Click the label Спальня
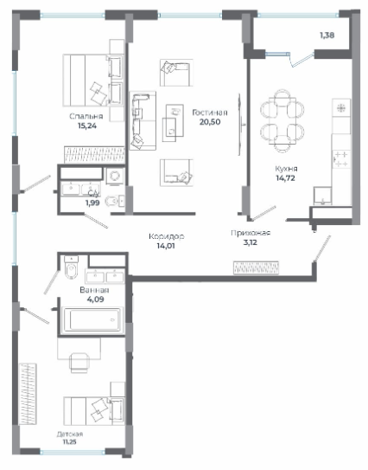coord(86,116)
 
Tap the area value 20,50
coord(210,122)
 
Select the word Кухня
coord(286,169)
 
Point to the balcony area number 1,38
coord(327,35)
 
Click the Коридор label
coord(167,236)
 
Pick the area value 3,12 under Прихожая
coord(251,242)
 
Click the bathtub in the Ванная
coord(92,320)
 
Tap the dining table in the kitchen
coord(282,120)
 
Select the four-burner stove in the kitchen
coord(341,160)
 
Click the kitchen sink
coord(322,196)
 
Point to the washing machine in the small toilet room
coord(115,176)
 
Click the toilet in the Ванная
coord(71,267)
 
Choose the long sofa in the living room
coord(143,120)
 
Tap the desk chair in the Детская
coord(79,363)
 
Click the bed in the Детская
coord(94,410)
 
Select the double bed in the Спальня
coord(93,80)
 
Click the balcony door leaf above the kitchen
coord(301,60)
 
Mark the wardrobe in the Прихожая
coord(256,267)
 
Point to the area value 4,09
coord(95,299)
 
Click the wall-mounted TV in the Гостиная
coord(240,125)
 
